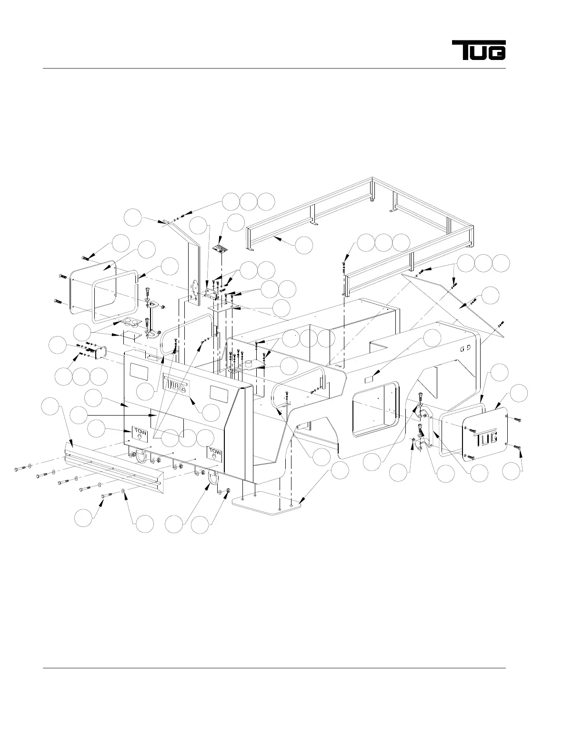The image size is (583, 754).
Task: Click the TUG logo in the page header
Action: point(479,50)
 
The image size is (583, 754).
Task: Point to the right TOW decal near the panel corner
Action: point(215,454)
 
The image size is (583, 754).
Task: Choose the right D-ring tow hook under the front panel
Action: point(213,477)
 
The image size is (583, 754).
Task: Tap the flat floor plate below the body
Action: point(267,503)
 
